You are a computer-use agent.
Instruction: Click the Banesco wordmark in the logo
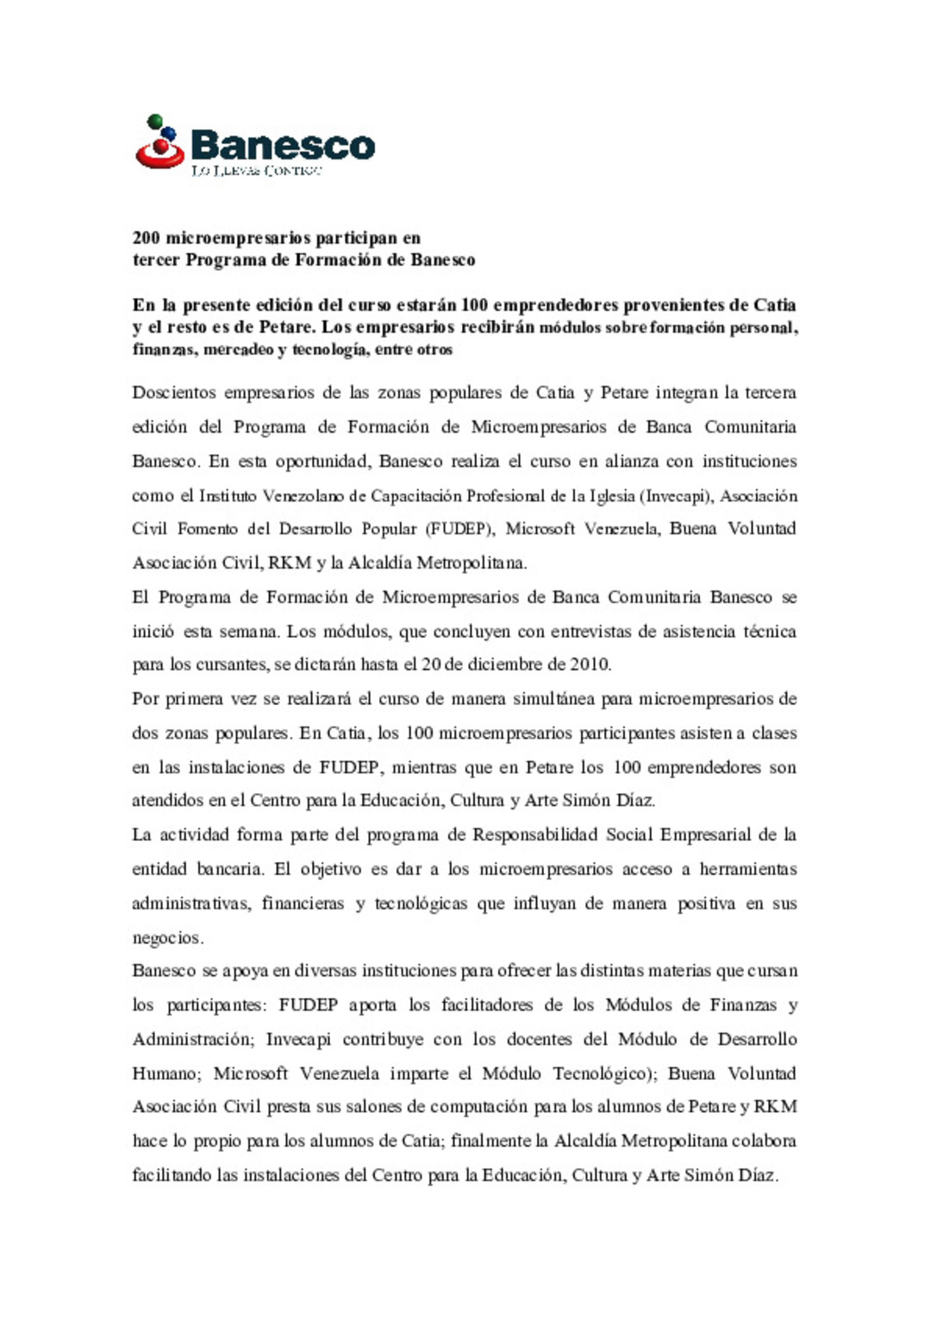click(x=283, y=145)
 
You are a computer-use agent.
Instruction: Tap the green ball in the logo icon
click(x=155, y=122)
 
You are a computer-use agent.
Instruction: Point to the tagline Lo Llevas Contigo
click(x=256, y=171)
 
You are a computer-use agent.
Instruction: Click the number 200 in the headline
click(x=146, y=238)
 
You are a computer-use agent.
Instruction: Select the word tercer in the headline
click(x=156, y=260)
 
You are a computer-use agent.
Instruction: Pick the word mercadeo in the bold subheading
click(x=238, y=350)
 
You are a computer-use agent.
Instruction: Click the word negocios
click(x=166, y=938)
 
